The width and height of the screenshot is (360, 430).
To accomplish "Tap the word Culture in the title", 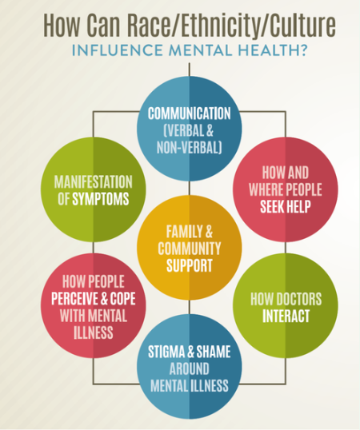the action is pos(302,25).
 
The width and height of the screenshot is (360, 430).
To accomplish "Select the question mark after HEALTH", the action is pos(303,50).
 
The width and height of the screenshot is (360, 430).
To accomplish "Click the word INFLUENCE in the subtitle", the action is pos(117,50).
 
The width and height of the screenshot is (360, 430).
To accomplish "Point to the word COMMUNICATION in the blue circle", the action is pos(190,113).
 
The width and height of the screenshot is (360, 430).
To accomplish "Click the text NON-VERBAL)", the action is pos(190,147).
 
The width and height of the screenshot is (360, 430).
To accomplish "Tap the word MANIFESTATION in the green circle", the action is pos(94,181).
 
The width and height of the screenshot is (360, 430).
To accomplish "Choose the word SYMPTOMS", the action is pos(101,199).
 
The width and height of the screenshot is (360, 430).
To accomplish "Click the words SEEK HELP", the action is pos(286,207).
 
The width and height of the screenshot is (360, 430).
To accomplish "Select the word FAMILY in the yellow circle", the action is pos(181,232).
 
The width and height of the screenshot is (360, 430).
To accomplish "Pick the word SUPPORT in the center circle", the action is pos(190,265).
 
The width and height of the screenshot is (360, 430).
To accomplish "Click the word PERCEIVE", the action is pos(74,299).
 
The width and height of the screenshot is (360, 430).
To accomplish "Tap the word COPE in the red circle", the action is pos(123,299).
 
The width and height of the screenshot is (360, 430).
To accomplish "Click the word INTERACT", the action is pos(286,316).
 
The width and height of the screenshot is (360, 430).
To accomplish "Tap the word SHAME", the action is pos(214,352).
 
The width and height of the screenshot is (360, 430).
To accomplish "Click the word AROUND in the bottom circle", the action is pos(190,368).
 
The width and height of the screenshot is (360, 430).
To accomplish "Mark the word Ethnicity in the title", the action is pos(219,25).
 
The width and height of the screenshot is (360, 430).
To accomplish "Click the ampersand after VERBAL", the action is pos(210,130).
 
